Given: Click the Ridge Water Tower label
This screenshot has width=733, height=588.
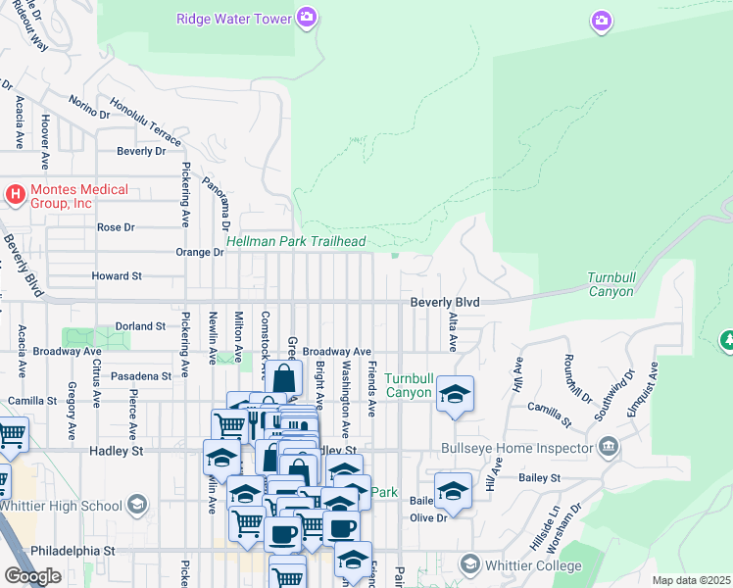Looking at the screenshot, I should coord(233,19).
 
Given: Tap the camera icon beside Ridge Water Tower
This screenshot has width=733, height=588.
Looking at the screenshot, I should coord(308,18).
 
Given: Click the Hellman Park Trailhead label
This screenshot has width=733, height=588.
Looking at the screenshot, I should coord(296,241).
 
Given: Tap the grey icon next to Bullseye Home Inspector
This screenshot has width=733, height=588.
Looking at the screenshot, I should coord(609,449).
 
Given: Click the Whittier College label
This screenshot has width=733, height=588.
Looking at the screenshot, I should coord(534,565).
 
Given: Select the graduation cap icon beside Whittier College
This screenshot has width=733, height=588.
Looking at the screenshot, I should coord(470,564).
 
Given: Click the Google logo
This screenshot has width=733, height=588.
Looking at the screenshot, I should coord(32,575).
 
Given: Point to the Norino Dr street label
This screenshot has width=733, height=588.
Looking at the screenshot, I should coord(88,107).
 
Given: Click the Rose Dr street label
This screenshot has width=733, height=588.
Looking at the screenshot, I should coord(116,227).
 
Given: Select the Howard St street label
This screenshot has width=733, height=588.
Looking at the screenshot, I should coord(117,276).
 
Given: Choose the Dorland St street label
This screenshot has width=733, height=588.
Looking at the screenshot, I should coord(140,325).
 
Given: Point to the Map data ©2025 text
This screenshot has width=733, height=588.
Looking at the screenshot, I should coord(691,580).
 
